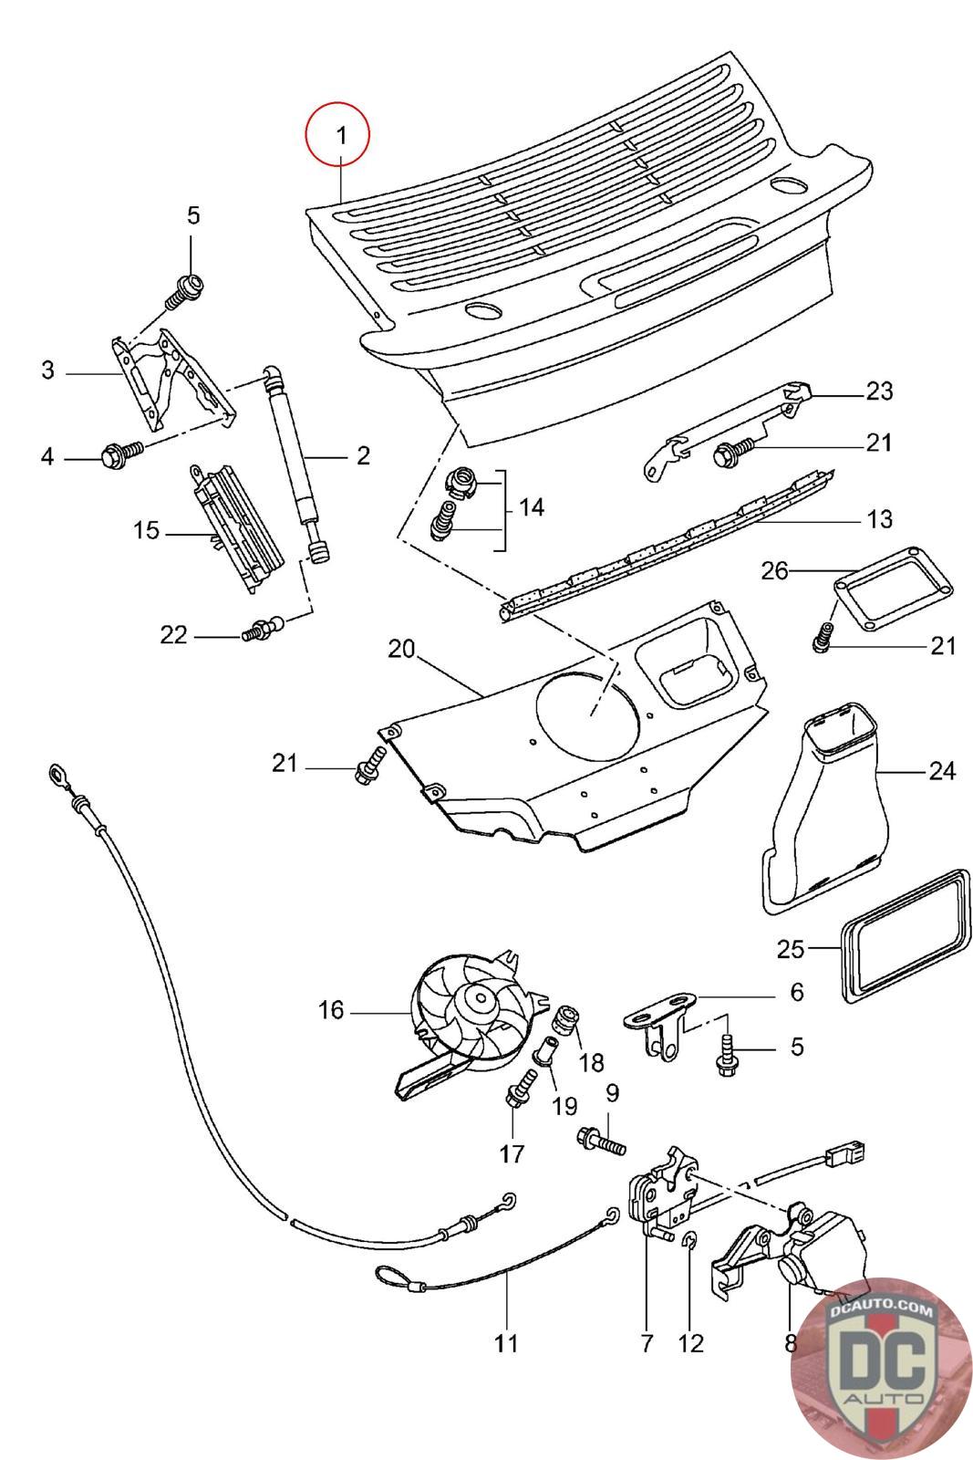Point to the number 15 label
pyautogui.click(x=146, y=530)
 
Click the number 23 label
pyautogui.click(x=878, y=391)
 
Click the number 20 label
pyautogui.click(x=401, y=650)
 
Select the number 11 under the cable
pyautogui.click(x=506, y=1343)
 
